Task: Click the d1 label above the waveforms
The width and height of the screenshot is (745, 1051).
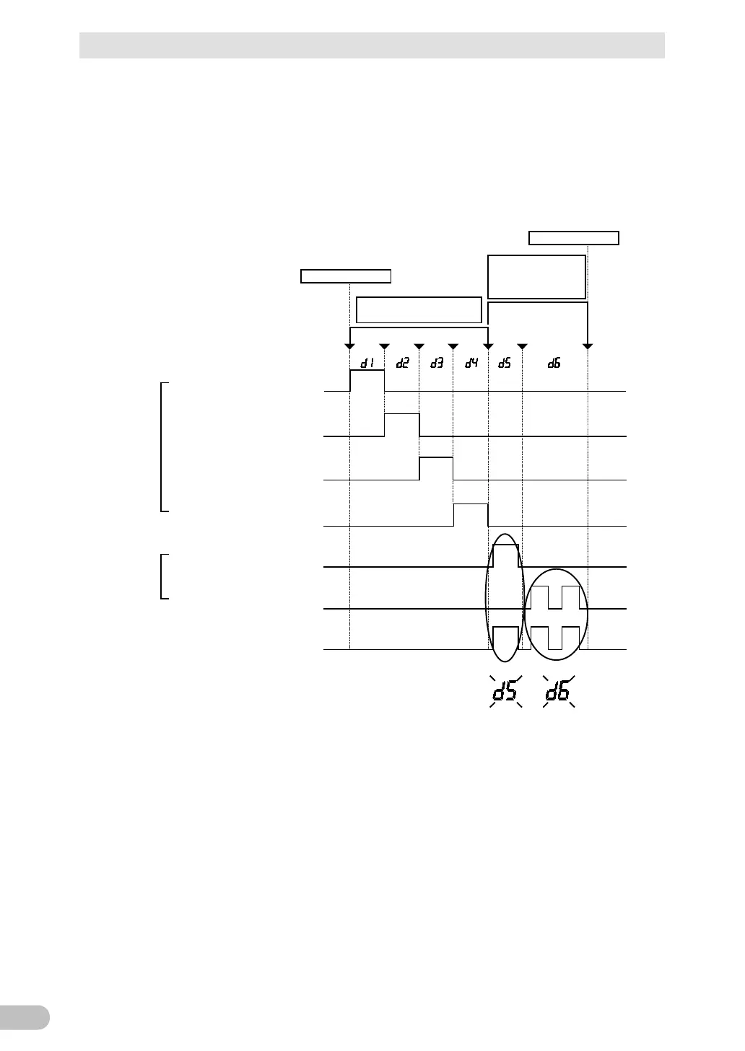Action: pyautogui.click(x=367, y=364)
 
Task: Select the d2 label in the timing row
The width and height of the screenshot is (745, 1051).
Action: pyautogui.click(x=402, y=364)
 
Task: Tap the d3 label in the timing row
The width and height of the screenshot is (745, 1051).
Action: pyautogui.click(x=437, y=364)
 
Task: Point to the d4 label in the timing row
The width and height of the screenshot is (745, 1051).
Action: pyautogui.click(x=471, y=364)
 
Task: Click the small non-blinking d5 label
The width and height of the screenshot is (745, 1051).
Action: pyautogui.click(x=505, y=364)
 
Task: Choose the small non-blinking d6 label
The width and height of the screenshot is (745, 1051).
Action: pyautogui.click(x=554, y=364)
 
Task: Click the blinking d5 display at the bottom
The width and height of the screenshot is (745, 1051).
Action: pyautogui.click(x=505, y=693)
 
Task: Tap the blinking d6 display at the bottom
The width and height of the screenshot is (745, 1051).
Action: pyautogui.click(x=558, y=693)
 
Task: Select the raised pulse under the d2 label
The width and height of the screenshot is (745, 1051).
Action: pyautogui.click(x=402, y=425)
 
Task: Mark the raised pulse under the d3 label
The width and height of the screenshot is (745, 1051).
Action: pyautogui.click(x=437, y=467)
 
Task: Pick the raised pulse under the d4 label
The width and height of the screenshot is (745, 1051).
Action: pyautogui.click(x=471, y=515)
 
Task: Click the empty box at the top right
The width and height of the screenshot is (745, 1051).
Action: pyautogui.click(x=574, y=238)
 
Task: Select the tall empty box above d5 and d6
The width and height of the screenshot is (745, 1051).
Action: pyautogui.click(x=536, y=276)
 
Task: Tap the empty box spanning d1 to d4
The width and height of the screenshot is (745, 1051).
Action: pyautogui.click(x=419, y=309)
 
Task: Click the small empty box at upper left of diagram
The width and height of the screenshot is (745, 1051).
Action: pyautogui.click(x=346, y=276)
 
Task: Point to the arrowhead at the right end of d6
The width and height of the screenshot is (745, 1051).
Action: pyautogui.click(x=588, y=347)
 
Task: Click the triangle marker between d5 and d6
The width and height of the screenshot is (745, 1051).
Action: pyautogui.click(x=522, y=347)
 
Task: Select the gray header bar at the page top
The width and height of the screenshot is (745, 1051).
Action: pyautogui.click(x=372, y=45)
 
